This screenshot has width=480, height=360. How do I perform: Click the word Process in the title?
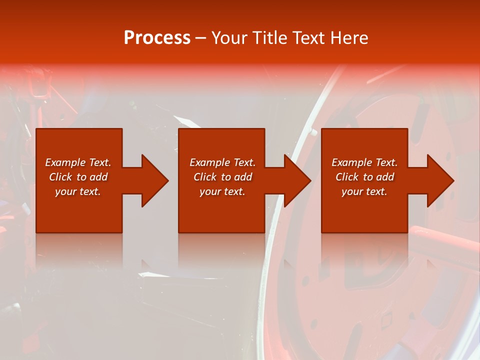157,38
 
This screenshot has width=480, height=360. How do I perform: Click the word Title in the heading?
270,38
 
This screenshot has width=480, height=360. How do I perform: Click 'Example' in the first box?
65,162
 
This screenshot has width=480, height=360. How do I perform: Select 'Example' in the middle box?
209,162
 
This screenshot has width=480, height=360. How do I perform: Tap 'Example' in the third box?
351,162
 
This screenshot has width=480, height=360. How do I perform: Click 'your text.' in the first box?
78,191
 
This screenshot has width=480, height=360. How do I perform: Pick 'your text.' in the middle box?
222,191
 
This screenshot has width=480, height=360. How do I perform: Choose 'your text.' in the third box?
364,191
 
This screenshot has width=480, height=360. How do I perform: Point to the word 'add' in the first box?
98,177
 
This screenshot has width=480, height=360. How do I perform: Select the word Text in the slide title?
310,38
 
